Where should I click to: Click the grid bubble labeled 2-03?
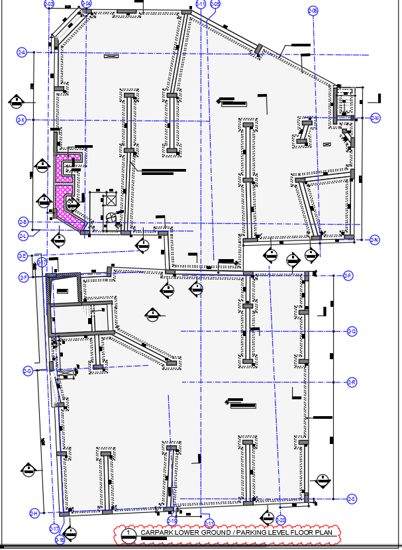tap(48, 5)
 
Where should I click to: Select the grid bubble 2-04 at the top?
tap(87, 4)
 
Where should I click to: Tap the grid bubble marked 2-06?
tap(313, 10)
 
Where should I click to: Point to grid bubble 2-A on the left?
tap(21, 52)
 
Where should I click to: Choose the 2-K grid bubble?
tap(21, 120)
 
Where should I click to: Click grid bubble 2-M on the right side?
tap(375, 118)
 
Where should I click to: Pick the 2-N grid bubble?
tap(374, 239)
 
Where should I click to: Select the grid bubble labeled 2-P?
tap(348, 275)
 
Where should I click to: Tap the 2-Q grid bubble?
tap(352, 331)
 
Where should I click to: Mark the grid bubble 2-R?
tap(352, 382)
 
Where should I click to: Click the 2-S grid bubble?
tap(352, 498)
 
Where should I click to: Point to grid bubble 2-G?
tap(28, 370)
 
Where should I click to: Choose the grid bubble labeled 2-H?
tap(33, 513)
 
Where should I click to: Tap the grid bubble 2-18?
tap(60, 540)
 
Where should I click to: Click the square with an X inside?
tap(110, 199)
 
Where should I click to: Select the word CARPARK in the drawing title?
tap(157, 532)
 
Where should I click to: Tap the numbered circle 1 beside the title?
tap(130, 533)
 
